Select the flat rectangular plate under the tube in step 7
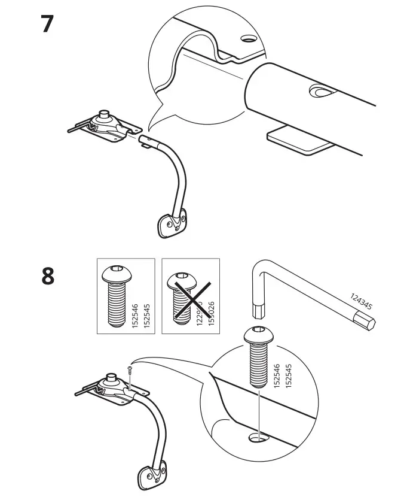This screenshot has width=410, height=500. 299,141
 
